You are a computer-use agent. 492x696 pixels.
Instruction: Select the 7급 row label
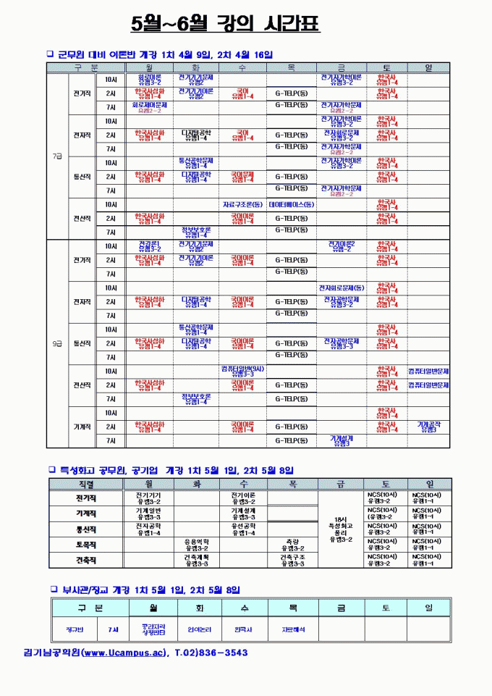coord(57,156)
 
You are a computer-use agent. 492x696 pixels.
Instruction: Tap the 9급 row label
coord(57,343)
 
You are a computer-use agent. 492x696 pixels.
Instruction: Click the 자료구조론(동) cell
coord(242,204)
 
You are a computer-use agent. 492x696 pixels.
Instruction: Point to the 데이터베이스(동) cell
coord(291,204)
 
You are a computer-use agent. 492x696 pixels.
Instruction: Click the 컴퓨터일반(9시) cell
coord(242,371)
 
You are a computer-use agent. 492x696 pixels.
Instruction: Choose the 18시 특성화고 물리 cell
coord(341,527)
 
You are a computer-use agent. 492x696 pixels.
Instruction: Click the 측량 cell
coord(292,544)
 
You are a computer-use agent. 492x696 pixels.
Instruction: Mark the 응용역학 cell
coord(196,544)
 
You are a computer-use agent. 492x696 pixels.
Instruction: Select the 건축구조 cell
coord(292,560)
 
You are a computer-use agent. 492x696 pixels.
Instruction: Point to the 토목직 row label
coord(85,544)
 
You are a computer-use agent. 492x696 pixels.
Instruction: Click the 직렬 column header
coord(85,483)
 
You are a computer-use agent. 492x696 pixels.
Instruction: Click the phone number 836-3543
coord(220,653)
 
